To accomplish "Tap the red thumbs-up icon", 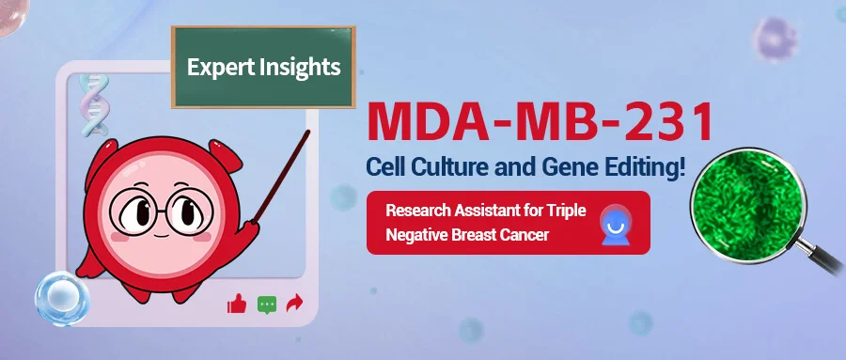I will [x=236, y=303].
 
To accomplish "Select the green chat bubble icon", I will [x=267, y=304].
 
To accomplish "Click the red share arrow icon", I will [x=295, y=303].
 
